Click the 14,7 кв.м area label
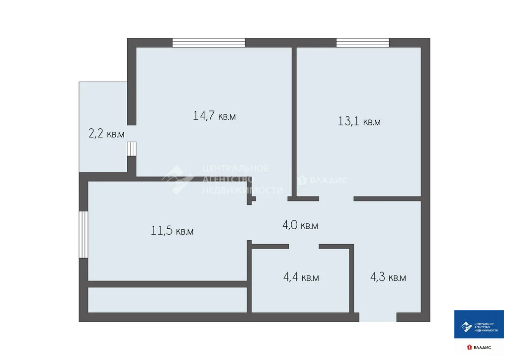pyautogui.click(x=214, y=116)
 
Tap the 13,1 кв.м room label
pyautogui.click(x=359, y=121)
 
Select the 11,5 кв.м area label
pyautogui.click(x=172, y=231)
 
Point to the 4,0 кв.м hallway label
pyautogui.click(x=300, y=225)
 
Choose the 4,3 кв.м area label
pyautogui.click(x=388, y=277)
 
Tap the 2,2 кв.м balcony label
pyautogui.click(x=106, y=134)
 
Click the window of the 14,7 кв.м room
pyautogui.click(x=209, y=43)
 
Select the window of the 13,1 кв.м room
pyautogui.click(x=362, y=43)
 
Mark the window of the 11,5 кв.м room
pyautogui.click(x=84, y=234)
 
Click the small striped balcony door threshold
pyautogui.click(x=132, y=149)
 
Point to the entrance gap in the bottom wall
pyautogui.click(x=378, y=317)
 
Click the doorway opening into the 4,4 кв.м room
pyautogui.click(x=304, y=246)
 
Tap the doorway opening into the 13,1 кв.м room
pyautogui.click(x=336, y=199)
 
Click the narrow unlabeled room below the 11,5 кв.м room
pyautogui.click(x=168, y=299)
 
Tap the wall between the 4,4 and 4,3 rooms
pyautogui.click(x=351, y=278)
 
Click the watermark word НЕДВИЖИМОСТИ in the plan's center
pyautogui.click(x=244, y=190)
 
